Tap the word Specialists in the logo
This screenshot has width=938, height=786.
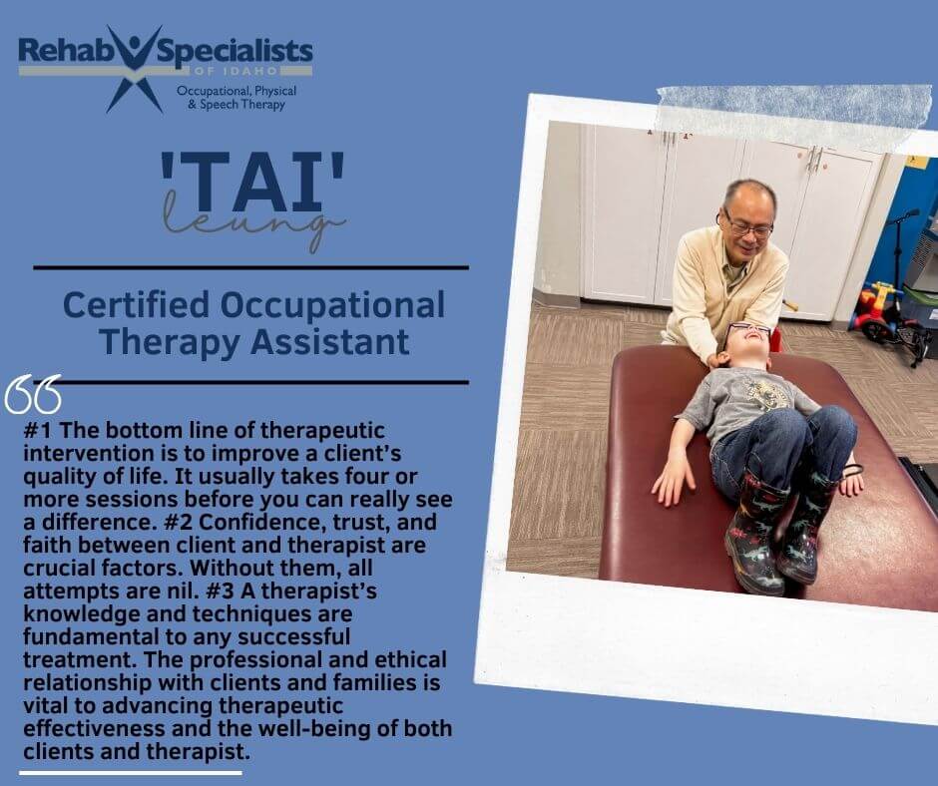pos(234,52)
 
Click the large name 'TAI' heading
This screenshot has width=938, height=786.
pos(251,182)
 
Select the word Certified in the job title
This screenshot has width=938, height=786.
pos(137,304)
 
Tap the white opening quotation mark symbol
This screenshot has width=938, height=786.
pos(33,394)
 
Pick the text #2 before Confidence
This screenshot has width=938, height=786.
pos(179,523)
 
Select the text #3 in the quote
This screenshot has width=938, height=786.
pos(221,590)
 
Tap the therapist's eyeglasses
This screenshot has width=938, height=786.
pos(747,224)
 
